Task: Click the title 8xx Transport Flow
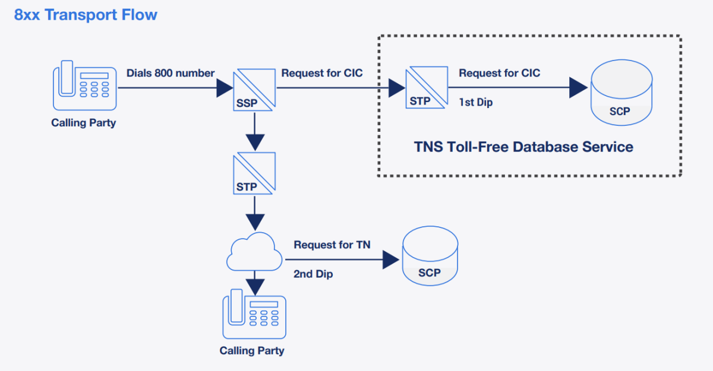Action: pyautogui.click(x=86, y=15)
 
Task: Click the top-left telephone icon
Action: pyautogui.click(x=84, y=87)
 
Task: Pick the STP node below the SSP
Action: pyautogui.click(x=254, y=173)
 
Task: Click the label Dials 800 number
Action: pyautogui.click(x=171, y=73)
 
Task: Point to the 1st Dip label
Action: pyautogui.click(x=476, y=102)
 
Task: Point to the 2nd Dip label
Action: pyautogui.click(x=313, y=274)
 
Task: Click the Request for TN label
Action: pyautogui.click(x=332, y=245)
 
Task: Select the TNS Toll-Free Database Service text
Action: pyautogui.click(x=523, y=147)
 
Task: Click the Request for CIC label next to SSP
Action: pyautogui.click(x=322, y=73)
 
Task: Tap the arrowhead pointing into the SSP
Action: pyautogui.click(x=224, y=88)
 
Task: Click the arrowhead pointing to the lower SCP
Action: pyautogui.click(x=390, y=259)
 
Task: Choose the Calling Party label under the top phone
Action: pyautogui.click(x=84, y=123)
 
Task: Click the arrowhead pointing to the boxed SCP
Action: pyautogui.click(x=578, y=88)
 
